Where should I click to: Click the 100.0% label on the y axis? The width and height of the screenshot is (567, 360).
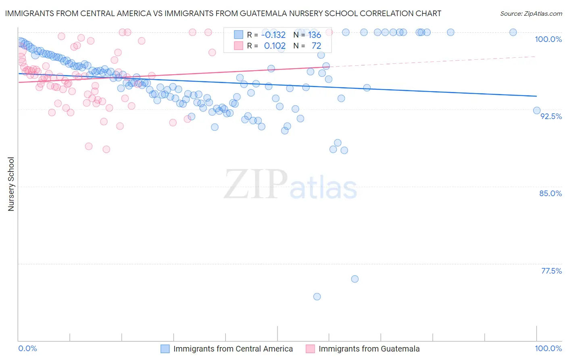click(x=548, y=39)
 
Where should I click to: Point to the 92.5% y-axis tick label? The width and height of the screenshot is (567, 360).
click(x=551, y=116)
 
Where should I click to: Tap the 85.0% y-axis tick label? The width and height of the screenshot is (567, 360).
click(x=550, y=193)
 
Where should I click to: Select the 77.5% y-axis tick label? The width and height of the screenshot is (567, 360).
click(x=551, y=271)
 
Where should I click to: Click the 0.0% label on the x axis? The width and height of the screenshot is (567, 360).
click(x=28, y=349)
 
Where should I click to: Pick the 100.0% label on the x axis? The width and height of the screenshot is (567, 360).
click(x=548, y=349)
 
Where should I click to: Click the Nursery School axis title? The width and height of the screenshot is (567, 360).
click(x=11, y=184)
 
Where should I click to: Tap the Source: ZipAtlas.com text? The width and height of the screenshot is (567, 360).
click(x=531, y=14)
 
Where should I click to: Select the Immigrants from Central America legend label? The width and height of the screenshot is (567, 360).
click(x=233, y=349)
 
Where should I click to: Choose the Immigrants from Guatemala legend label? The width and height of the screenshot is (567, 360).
click(x=369, y=349)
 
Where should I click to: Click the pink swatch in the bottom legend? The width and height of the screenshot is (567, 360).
click(x=310, y=349)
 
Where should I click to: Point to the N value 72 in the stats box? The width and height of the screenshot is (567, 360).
click(x=316, y=46)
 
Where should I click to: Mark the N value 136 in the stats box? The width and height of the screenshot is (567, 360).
click(x=315, y=35)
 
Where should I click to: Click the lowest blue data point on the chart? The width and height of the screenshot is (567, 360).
click(x=317, y=297)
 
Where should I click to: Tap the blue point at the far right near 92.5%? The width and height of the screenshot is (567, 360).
click(x=537, y=111)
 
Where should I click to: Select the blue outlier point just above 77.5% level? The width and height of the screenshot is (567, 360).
click(x=355, y=279)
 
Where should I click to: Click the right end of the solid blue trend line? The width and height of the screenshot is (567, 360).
click(x=536, y=96)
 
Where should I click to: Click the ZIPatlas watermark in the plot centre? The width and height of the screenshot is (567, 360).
click(x=290, y=185)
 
